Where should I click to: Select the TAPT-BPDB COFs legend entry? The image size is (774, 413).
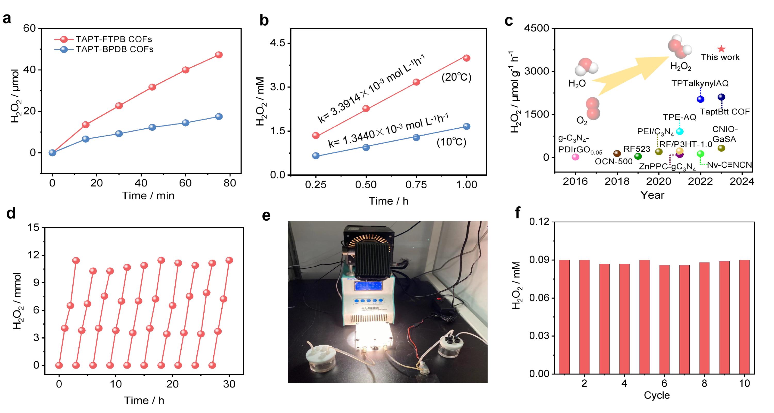pos(114,49)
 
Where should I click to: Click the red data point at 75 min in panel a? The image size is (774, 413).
pos(219,55)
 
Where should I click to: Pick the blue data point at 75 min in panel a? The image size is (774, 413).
pos(219,116)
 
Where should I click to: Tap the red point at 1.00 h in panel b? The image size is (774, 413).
pos(466,58)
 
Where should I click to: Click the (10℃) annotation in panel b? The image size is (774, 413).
pos(451,142)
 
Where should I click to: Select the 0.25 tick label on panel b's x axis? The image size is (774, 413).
pos(316,184)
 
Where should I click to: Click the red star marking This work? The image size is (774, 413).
pos(721,49)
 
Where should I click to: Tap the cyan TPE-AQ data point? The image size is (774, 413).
pos(680,131)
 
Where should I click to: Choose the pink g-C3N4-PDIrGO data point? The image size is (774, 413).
pos(575,157)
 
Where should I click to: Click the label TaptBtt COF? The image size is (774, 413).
pos(725,112)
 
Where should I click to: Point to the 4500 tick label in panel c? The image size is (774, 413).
pos(537,28)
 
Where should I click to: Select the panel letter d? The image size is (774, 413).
pos(11,214)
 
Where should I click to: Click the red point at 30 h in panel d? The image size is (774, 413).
pos(229,260)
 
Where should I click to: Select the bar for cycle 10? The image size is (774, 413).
pos(745,317)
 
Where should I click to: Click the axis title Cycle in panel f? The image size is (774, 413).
pos(657,395)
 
